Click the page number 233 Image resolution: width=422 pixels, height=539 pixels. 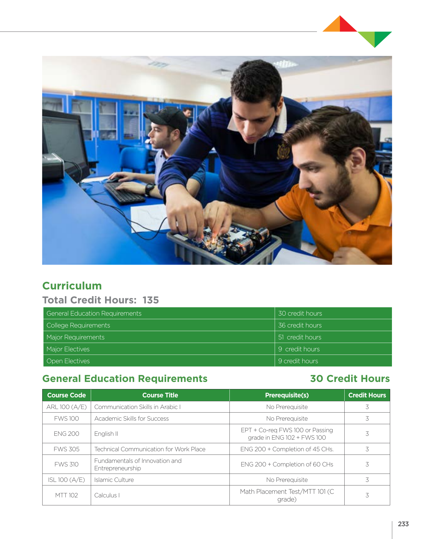[403, 524]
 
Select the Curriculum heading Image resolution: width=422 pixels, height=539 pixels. [72, 286]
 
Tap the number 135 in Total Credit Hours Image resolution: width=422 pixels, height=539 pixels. [151, 300]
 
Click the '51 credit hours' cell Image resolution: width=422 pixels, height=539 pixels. [300, 337]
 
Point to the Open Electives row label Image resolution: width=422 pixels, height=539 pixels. [68, 361]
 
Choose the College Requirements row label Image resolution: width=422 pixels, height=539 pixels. [78, 325]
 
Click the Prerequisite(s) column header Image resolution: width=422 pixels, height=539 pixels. [287, 395]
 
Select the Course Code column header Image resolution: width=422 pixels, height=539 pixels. [66, 395]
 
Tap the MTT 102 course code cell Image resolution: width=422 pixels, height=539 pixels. [66, 495]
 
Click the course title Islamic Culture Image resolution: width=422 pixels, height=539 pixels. [114, 480]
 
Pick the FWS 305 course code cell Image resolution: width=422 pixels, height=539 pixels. [66, 449]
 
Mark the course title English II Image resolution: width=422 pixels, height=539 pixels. [106, 434]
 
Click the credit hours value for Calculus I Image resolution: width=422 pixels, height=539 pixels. [367, 495]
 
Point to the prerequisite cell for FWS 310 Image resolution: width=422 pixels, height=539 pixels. [287, 464]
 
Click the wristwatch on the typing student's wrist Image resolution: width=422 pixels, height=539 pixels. [149, 189]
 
